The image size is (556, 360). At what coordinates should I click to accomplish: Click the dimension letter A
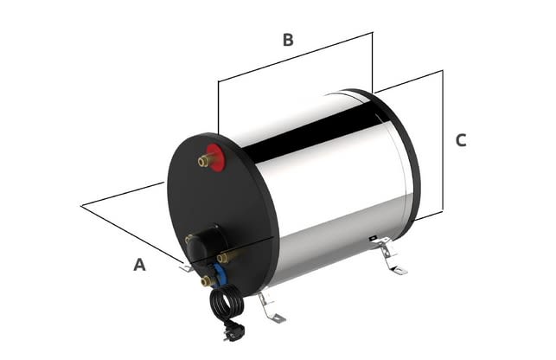[139, 266]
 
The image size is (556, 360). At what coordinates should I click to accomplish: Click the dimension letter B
[288, 40]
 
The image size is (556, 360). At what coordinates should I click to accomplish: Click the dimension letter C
[461, 140]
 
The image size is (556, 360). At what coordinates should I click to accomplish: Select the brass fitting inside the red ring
[205, 160]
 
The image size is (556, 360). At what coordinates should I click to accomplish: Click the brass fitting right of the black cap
[229, 256]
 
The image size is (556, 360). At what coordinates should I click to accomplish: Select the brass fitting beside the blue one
[206, 280]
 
